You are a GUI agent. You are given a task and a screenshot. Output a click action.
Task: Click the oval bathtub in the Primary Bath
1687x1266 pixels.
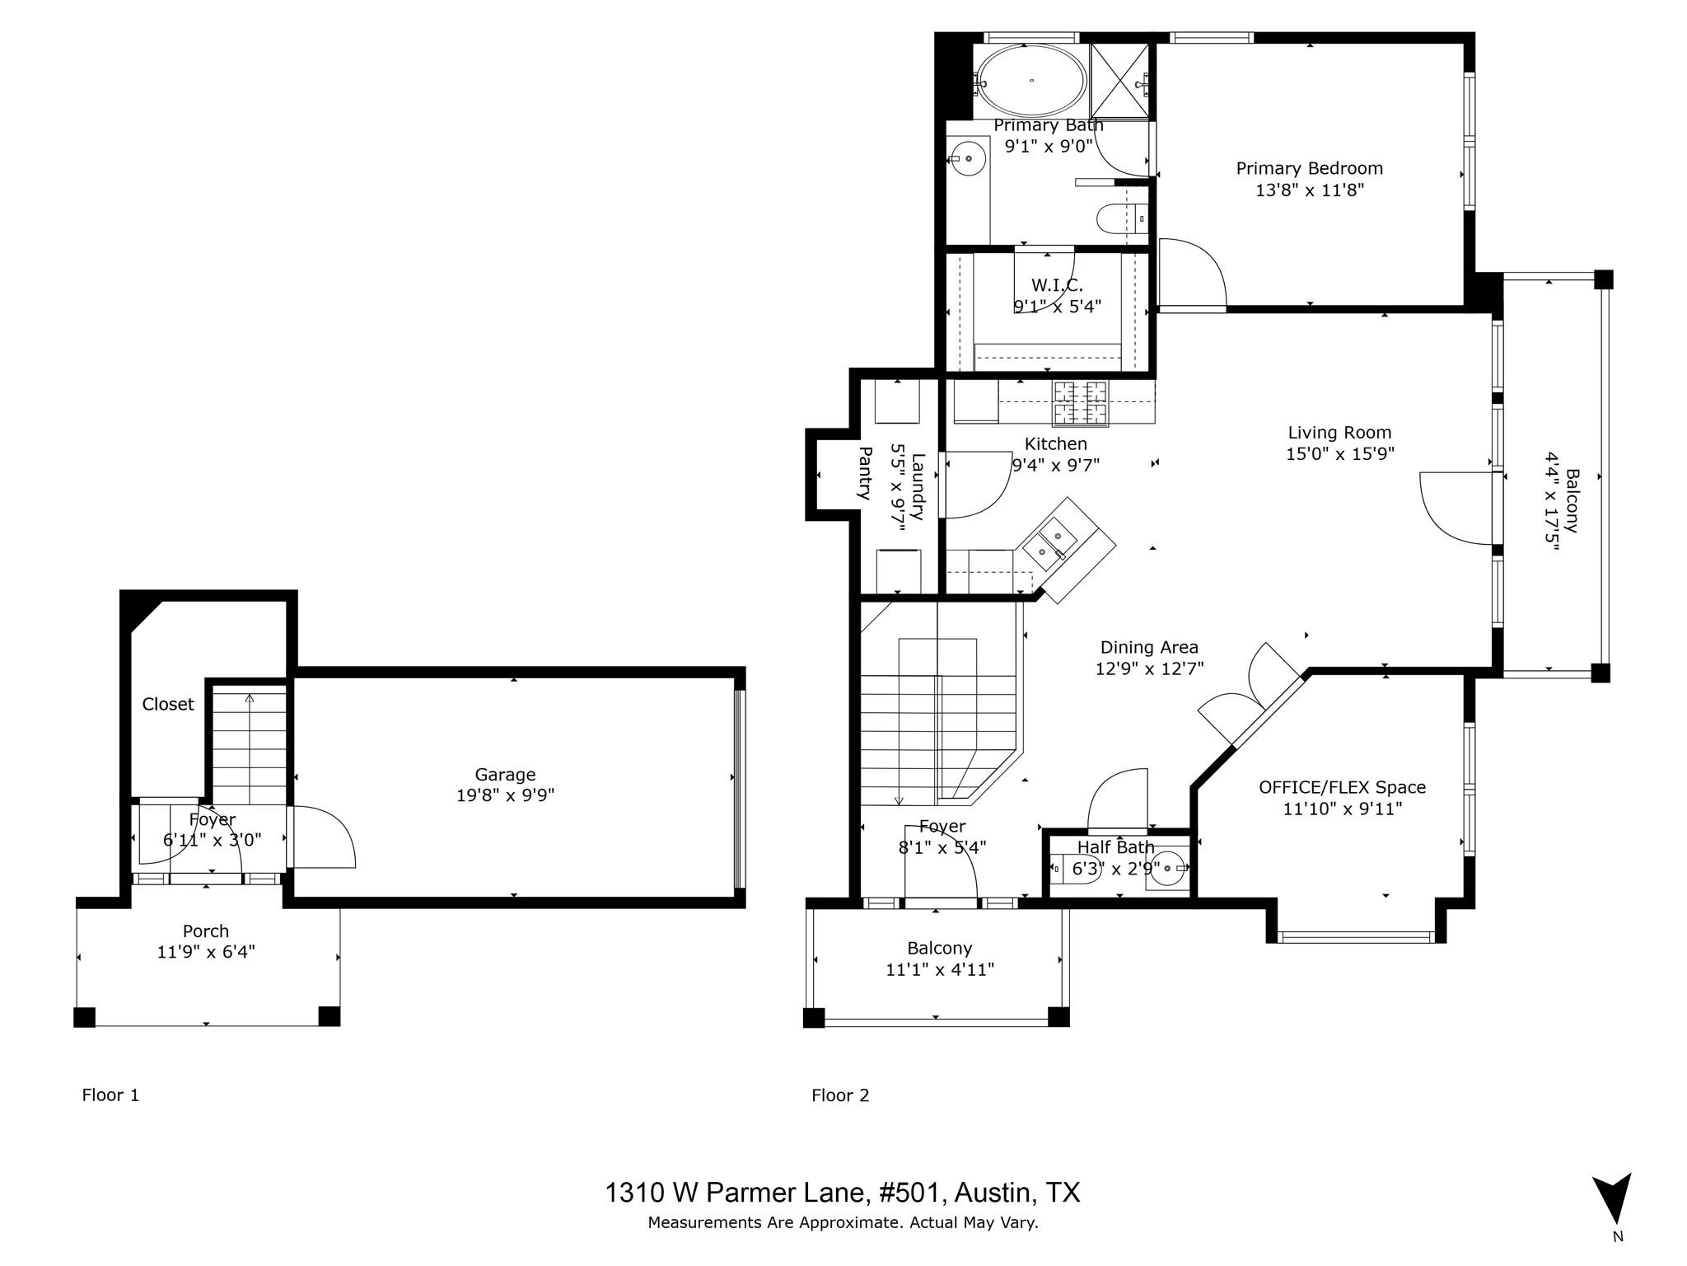1030,80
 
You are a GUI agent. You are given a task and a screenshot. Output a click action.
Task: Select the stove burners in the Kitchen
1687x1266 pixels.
1080,402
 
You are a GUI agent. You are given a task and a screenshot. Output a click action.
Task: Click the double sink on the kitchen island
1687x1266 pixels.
1050,543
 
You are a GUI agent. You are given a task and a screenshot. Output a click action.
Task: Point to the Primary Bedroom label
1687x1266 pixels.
1309,168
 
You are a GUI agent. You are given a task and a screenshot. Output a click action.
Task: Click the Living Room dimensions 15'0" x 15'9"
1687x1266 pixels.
1339,454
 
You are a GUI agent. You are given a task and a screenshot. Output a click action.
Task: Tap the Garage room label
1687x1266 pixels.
505,774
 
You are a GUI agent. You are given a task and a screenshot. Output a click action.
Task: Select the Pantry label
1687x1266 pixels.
865,473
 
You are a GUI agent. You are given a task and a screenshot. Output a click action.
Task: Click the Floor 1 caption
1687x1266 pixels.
110,1095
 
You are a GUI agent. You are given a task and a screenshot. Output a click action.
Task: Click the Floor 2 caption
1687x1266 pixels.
840,1095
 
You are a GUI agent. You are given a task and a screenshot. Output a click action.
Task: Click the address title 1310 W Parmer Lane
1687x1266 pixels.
843,1193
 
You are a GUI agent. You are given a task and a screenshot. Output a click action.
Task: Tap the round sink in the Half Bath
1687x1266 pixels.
1166,869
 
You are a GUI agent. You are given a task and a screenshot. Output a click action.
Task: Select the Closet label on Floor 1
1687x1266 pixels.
168,704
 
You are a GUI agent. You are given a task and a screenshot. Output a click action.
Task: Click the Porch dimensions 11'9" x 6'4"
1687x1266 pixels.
206,952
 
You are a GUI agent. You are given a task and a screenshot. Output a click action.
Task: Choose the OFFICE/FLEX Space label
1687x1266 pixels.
1342,787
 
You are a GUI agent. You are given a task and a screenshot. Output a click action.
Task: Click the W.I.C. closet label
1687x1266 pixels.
1057,285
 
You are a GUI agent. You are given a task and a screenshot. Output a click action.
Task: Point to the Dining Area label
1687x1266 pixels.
1149,648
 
